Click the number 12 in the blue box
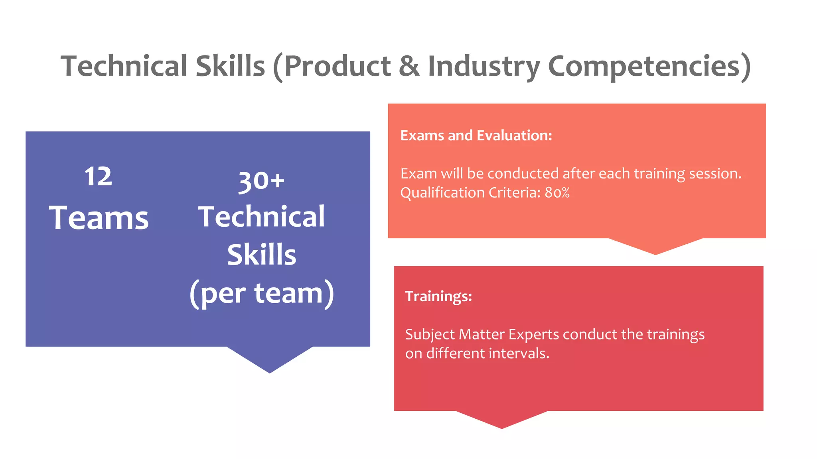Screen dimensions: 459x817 [98, 177]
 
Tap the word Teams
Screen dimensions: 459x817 [99, 218]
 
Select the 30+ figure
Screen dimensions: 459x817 [261, 182]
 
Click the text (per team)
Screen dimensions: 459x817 [262, 293]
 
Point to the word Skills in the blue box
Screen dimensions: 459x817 [262, 255]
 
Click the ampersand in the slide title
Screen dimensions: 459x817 [409, 66]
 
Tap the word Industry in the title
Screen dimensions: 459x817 [483, 67]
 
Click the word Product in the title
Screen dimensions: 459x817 [337, 66]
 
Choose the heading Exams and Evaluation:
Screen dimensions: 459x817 [476, 136]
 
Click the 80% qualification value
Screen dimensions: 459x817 [557, 193]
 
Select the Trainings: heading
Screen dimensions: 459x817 [438, 296]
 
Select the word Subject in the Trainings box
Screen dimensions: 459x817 [430, 335]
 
